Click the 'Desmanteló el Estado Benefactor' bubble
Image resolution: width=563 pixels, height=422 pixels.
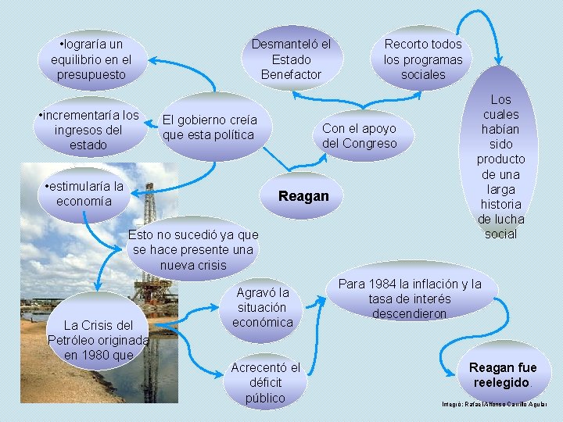[x=291, y=59]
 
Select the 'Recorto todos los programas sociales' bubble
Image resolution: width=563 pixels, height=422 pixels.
[x=423, y=59]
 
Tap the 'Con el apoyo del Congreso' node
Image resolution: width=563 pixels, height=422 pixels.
[x=360, y=136]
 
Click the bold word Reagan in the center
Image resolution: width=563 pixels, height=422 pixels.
[x=304, y=196]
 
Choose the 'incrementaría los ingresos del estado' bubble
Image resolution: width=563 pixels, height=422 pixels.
[x=88, y=131]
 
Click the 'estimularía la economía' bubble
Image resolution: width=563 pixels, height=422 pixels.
[x=84, y=194]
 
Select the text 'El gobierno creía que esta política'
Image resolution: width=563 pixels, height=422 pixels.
[x=209, y=127]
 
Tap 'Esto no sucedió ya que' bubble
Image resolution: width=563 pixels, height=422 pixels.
[x=192, y=250]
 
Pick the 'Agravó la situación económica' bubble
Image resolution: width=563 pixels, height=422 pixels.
[x=263, y=307]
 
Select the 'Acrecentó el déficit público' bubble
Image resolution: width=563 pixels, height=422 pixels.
[x=265, y=383]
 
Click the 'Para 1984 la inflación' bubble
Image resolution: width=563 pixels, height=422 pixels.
[x=410, y=299]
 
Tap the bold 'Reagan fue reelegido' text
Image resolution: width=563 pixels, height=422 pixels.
[x=503, y=375]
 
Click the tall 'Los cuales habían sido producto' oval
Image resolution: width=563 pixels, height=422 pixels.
[x=500, y=166]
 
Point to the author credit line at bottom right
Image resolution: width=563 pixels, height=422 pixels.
[x=495, y=403]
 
